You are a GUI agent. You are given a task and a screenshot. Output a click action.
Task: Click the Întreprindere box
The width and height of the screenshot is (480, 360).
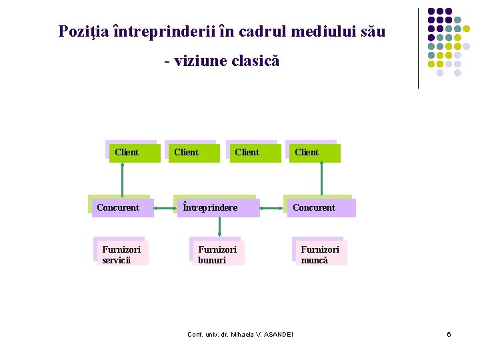tap(216, 207)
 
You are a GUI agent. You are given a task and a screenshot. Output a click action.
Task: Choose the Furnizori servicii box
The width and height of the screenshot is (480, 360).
tap(122, 253)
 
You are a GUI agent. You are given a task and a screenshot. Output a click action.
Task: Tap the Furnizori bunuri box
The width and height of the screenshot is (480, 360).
tap(217, 253)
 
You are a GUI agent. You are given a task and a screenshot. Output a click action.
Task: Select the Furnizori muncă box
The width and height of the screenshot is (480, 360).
tap(320, 253)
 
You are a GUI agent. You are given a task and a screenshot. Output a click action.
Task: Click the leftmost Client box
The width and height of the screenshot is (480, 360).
tap(133, 153)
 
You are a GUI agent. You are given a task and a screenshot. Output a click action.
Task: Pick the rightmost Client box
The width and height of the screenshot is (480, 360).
tap(313, 153)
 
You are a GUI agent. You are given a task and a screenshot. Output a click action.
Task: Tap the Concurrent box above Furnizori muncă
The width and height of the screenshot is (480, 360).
tap(319, 207)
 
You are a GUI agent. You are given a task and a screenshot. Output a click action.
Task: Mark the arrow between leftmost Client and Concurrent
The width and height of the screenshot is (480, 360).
tap(122, 179)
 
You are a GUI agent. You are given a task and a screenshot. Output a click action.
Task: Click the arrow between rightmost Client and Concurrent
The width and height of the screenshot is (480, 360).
tap(322, 179)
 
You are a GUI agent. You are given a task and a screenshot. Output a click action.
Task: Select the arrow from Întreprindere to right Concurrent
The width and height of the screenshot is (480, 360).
tap(271, 208)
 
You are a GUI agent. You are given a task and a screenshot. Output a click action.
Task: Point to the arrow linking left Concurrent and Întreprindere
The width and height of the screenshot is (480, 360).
tap(165, 208)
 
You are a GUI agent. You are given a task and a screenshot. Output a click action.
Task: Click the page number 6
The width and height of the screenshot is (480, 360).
tap(449, 334)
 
